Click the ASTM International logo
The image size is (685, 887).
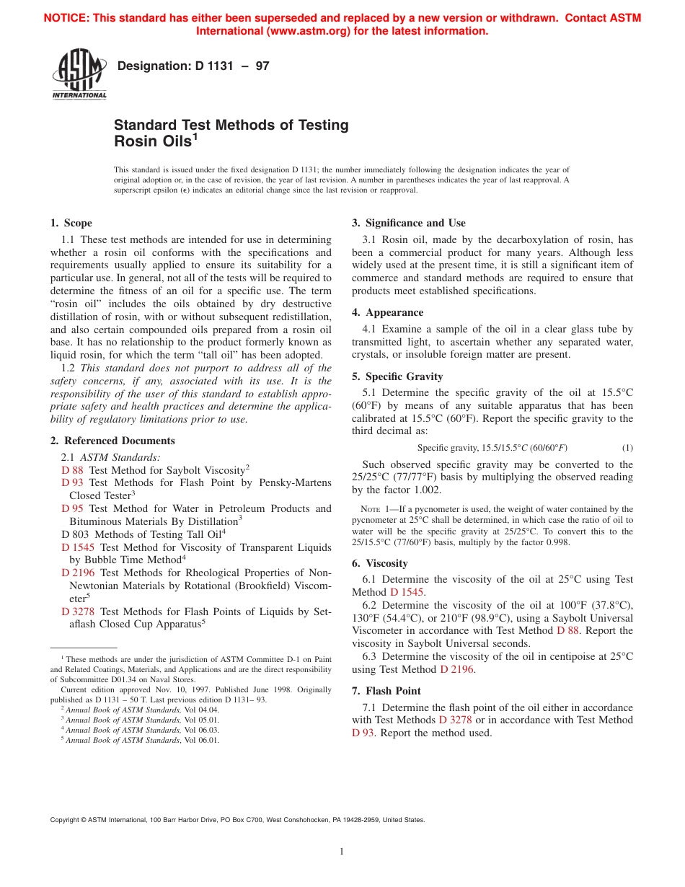(79, 74)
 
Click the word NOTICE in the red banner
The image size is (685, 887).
(67, 18)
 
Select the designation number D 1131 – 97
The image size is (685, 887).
(193, 66)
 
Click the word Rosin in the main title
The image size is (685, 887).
(136, 141)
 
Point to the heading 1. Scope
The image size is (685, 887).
(71, 223)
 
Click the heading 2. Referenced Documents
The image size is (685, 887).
(112, 441)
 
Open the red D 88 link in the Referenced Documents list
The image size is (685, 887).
(72, 470)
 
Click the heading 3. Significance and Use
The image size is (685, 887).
(408, 223)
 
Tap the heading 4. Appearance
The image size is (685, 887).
(387, 312)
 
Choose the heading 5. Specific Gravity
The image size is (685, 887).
(397, 376)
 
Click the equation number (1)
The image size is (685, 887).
(627, 448)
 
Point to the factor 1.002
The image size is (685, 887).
(419, 490)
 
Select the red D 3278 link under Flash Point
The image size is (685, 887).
(455, 720)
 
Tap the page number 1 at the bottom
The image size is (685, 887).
(342, 852)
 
